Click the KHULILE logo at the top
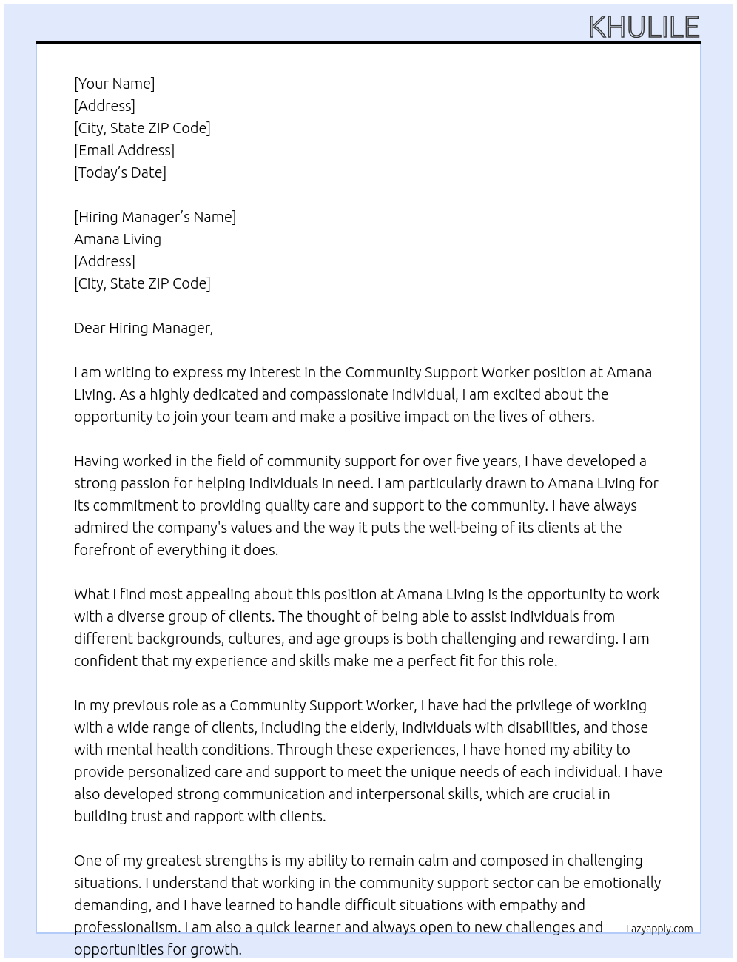[x=644, y=27]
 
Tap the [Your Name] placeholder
[x=115, y=84]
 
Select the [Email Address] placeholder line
[x=124, y=150]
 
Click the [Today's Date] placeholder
[x=120, y=172]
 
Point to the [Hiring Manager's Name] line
[x=155, y=217]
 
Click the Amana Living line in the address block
[x=118, y=239]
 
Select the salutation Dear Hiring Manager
[x=144, y=328]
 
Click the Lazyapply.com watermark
[x=659, y=929]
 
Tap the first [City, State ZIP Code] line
[x=142, y=128]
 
